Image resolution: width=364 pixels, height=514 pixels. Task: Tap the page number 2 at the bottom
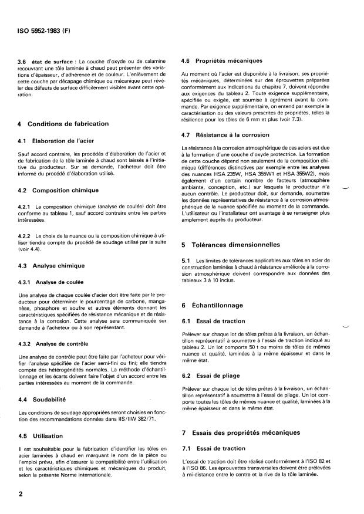21,494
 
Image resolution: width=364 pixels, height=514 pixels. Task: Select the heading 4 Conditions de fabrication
63,124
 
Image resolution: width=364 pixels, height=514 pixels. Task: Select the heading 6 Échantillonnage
218,305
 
